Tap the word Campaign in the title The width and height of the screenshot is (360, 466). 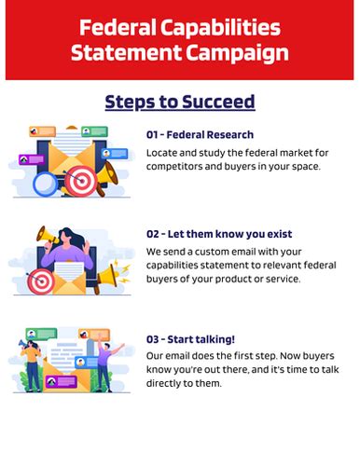[235, 53]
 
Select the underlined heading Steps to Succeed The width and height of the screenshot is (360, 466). [180, 101]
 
